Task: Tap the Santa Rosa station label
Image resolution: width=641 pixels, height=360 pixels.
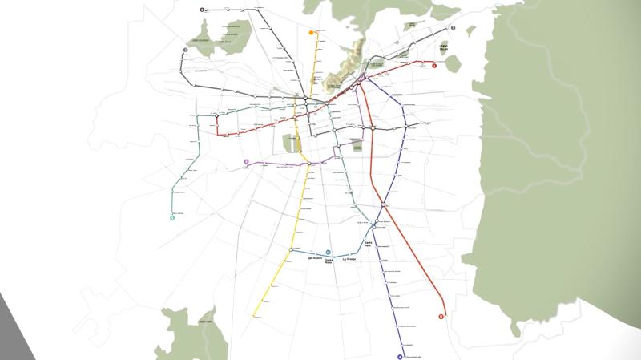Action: pos(329,261)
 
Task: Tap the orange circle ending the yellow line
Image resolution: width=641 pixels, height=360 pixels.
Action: pos(312,33)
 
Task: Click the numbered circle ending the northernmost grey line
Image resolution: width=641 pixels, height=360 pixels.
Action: pos(203,10)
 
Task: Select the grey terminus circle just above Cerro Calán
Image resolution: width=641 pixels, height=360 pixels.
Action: pos(453,28)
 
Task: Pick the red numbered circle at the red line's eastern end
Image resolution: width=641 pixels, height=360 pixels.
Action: pos(434,66)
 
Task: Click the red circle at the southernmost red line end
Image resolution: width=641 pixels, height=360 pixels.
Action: pos(441,317)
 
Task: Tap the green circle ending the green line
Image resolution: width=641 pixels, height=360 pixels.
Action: pos(172,217)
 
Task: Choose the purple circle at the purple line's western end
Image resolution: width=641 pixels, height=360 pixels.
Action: pos(246,162)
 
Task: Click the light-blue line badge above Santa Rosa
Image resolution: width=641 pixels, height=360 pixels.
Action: pos(329,252)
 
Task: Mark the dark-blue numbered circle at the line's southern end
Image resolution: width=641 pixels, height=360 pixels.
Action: pos(400,357)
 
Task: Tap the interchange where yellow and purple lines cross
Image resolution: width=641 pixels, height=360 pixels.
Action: pos(308,164)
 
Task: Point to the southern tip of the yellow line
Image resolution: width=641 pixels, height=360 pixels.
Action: pos(255,316)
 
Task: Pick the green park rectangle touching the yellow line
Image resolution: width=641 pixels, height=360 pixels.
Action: pos(289,144)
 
